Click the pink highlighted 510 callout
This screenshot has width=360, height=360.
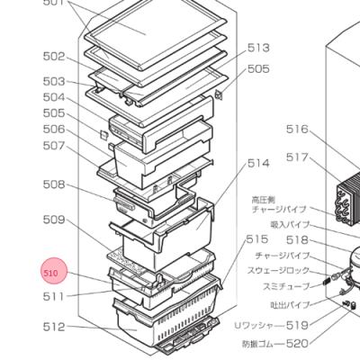tap(51, 272)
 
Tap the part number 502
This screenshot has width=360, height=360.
tap(54, 57)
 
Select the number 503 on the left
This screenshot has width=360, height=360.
tap(54, 81)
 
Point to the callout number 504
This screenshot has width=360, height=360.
tap(54, 97)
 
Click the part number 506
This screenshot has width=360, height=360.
tap(54, 130)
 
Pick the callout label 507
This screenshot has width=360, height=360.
tap(54, 146)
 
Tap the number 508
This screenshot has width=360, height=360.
tap(54, 185)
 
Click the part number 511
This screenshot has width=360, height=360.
tap(54, 296)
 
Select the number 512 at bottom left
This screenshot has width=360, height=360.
tap(54, 328)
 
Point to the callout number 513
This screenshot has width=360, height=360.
tap(258, 48)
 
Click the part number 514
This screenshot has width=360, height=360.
tap(258, 163)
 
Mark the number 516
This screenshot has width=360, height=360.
tap(297, 130)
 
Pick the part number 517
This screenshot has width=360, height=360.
tap(297, 157)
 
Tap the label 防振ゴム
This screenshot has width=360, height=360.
tap(261, 343)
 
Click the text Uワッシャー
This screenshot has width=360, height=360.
tap(256, 325)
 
